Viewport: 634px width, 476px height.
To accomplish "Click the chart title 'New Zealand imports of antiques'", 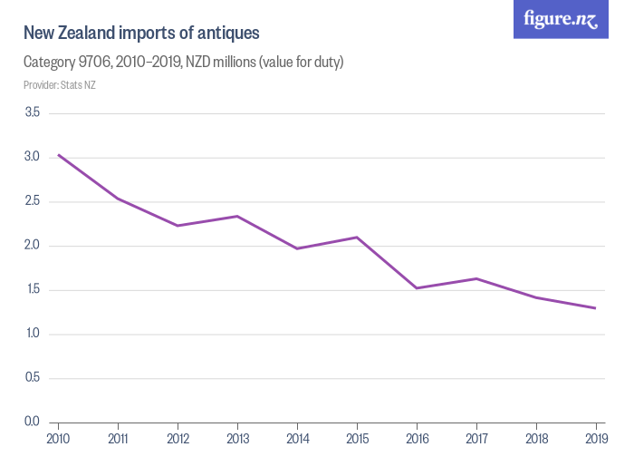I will point(141,34).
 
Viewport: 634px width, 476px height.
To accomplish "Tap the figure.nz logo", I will point(561,19).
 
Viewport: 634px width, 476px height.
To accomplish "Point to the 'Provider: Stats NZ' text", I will point(59,85).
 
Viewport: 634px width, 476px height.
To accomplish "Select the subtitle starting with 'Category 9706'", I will point(183,63).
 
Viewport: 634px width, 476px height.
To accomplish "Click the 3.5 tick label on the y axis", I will point(32,112).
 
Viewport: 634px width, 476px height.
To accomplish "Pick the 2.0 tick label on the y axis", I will point(32,246).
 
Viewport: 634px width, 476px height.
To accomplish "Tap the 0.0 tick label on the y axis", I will point(32,423).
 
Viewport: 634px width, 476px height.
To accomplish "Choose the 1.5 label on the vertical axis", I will point(32,290).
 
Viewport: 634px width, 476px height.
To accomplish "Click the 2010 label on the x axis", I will point(58,440).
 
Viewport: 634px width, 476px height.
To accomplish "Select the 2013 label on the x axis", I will point(237,440).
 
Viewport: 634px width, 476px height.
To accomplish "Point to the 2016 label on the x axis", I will point(416,440).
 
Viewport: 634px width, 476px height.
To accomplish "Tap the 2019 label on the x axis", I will point(595,440).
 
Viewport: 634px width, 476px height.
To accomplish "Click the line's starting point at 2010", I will point(58,154).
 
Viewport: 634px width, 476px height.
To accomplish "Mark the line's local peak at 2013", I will point(237,216).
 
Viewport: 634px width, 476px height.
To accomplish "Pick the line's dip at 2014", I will point(297,248).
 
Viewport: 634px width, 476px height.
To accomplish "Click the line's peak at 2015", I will point(357,237).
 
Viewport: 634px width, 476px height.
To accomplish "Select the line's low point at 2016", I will point(416,288).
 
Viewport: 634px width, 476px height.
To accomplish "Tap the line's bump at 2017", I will point(475,278).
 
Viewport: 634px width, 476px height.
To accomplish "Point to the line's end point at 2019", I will point(595,308).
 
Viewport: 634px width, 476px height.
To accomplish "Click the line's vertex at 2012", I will point(178,226).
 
